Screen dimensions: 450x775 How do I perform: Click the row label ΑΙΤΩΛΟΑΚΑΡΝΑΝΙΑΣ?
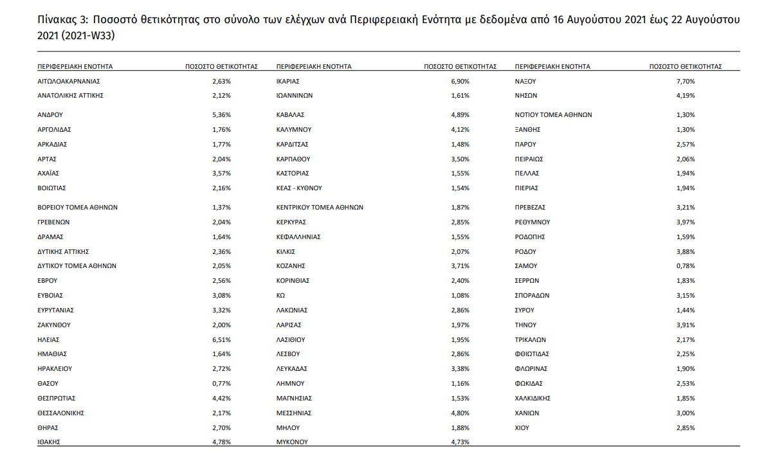69,81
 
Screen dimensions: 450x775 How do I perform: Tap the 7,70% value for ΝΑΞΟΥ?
686,81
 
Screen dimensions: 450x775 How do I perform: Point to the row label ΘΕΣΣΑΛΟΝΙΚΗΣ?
61,412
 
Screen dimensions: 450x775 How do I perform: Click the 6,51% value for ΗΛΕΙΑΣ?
221,339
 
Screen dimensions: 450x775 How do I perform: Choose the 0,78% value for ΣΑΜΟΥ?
686,265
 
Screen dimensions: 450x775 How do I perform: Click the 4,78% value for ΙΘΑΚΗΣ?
221,442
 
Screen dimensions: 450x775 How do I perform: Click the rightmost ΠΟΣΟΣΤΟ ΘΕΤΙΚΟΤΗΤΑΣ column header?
686,66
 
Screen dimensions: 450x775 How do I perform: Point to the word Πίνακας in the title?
57,20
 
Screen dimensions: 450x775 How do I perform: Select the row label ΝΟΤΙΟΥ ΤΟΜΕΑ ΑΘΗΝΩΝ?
553,114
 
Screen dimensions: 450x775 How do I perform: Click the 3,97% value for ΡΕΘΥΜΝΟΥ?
686,222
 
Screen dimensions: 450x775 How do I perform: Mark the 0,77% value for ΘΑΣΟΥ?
221,383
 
